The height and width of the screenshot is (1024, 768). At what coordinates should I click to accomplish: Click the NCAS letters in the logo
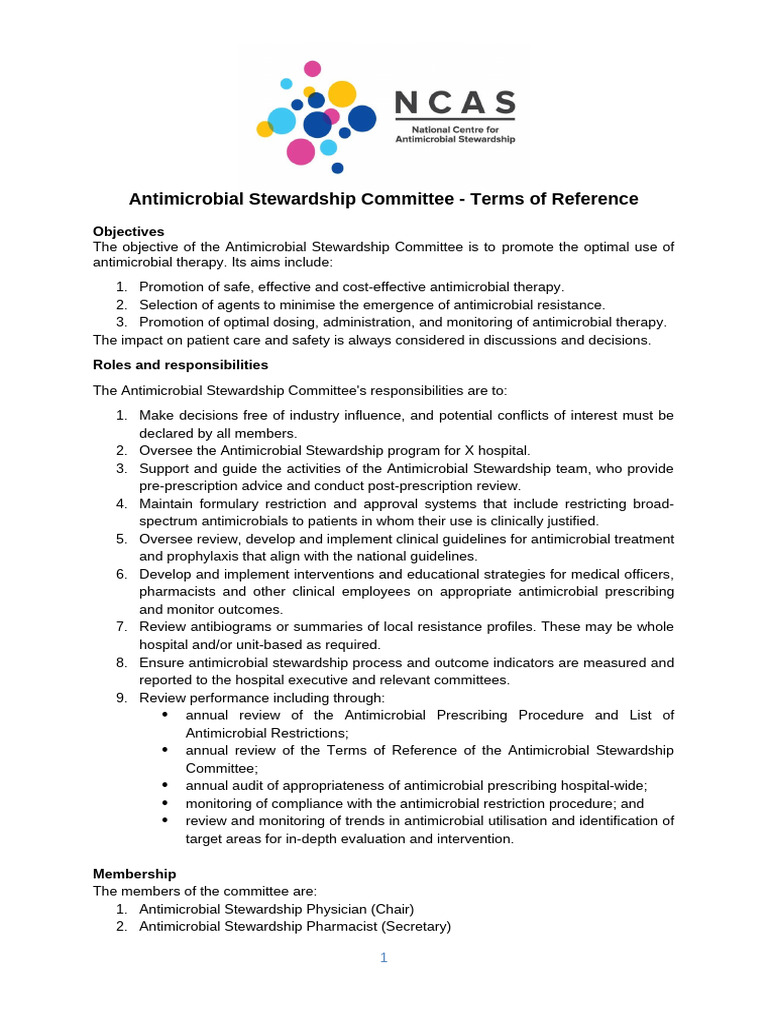tap(455, 102)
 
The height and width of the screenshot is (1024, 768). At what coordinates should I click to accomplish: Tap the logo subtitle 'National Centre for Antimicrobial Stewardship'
tap(463, 135)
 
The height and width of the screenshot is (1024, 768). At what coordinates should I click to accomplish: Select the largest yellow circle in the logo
tap(342, 93)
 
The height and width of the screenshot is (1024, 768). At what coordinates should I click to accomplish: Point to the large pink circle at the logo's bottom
tap(300, 151)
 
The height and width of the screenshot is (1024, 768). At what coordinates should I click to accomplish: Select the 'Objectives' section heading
tap(128, 231)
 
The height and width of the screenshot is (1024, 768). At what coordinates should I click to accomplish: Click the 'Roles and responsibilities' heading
tap(180, 364)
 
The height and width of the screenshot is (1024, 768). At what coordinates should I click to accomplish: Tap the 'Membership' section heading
tap(134, 873)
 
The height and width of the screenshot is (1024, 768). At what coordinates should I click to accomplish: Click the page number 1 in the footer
tap(383, 957)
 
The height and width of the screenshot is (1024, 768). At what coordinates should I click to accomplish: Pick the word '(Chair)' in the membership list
tap(390, 909)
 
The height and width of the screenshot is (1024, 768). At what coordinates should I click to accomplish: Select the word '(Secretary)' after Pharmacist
tap(413, 927)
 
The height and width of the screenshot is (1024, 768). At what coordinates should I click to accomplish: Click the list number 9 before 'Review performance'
tap(120, 697)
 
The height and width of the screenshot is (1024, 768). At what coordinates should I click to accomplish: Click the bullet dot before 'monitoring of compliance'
tap(164, 803)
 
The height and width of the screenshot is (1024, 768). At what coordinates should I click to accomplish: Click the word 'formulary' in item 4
tap(230, 503)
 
